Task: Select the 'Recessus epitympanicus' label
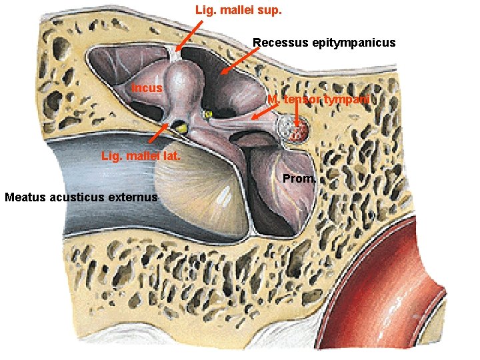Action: (x=323, y=43)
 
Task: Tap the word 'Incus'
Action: (x=147, y=87)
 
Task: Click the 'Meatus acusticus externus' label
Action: (x=81, y=197)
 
